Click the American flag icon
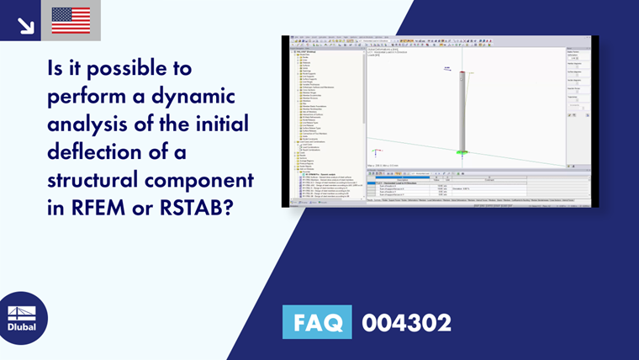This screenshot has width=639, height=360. (71, 20)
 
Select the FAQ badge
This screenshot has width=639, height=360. (318, 322)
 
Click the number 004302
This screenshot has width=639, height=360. (406, 322)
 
